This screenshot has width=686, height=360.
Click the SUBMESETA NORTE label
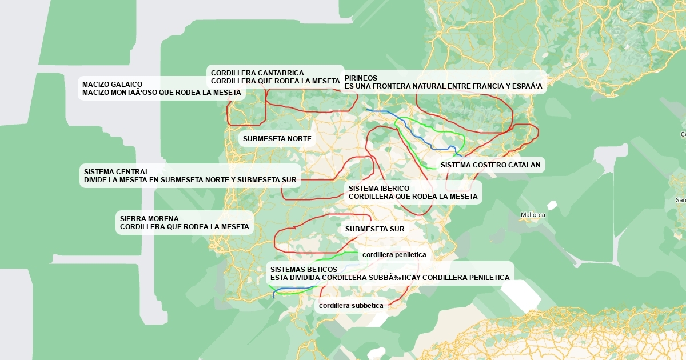[277, 139]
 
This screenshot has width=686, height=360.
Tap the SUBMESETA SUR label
[374, 229]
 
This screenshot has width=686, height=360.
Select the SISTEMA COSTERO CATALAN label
[490, 165]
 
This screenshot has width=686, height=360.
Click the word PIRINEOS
[361, 78]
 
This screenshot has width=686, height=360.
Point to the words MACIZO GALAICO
[112, 84]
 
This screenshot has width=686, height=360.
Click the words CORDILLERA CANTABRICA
[257, 73]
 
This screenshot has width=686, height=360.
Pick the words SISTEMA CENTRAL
[116, 172]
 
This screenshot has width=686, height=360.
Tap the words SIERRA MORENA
[149, 219]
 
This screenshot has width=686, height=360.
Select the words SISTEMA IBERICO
[379, 188]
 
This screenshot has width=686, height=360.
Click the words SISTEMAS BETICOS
[304, 270]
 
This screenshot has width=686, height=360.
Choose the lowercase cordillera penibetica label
[394, 255]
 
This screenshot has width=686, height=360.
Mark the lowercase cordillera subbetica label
[351, 306]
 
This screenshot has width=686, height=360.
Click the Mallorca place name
[533, 215]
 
